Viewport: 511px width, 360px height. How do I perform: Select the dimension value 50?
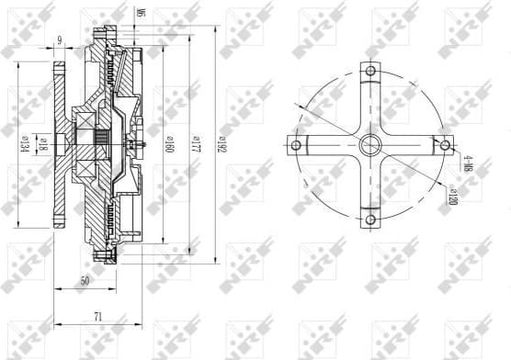pos(85,282)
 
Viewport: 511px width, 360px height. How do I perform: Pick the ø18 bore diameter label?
pos(42,144)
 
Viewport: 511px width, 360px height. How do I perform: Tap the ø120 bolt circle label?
pos(453,195)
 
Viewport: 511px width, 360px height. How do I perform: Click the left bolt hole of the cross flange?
pos(295,144)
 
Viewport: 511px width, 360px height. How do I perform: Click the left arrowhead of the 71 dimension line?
pos(56,324)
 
